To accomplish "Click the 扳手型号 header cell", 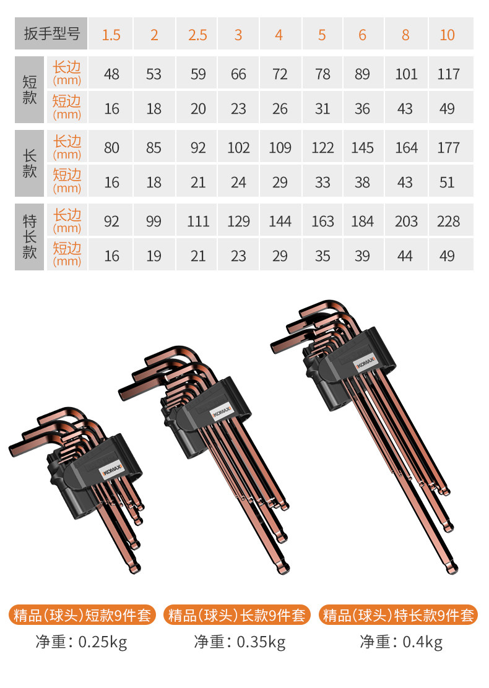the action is click(51, 34).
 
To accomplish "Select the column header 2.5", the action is click(197, 34).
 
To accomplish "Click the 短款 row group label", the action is click(30, 90).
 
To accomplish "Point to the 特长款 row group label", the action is click(30, 237).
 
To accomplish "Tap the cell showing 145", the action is click(363, 147).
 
